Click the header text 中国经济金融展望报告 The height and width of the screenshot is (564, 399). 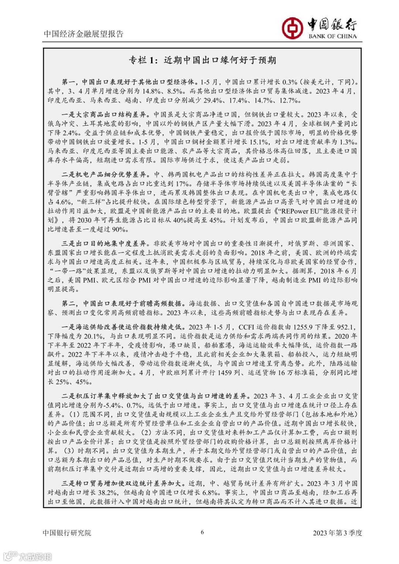tap(83, 34)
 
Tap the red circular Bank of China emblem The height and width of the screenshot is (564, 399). tap(293, 28)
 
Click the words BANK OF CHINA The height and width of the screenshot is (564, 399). tap(332, 36)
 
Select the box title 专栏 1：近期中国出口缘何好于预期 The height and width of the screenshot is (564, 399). tap(202, 60)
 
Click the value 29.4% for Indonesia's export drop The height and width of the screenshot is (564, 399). tap(213, 100)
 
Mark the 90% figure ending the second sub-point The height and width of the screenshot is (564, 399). tap(119, 229)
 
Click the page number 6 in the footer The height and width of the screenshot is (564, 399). tap(202, 532)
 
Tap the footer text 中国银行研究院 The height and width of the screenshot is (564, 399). tap(67, 533)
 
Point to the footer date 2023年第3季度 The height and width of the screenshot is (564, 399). tap(337, 533)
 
